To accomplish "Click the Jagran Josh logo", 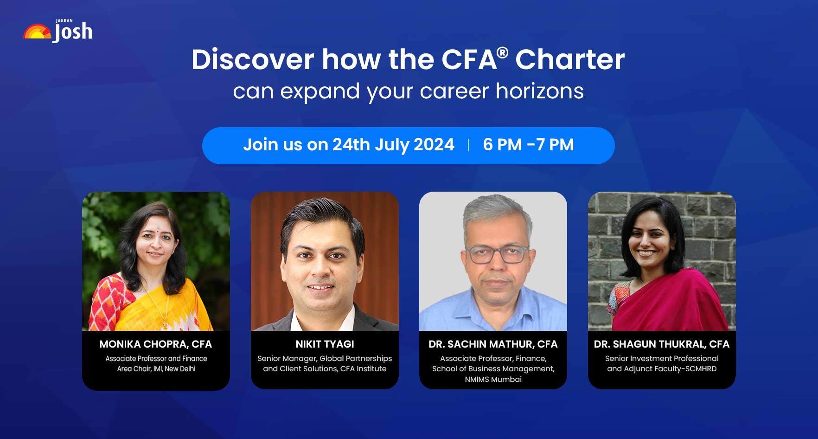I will click(58, 32).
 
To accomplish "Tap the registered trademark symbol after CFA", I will click(502, 52).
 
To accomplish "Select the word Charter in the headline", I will click(570, 59).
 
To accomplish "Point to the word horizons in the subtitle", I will click(539, 91).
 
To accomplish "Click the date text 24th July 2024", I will click(393, 145).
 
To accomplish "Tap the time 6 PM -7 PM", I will click(528, 145).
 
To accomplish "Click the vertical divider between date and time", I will click(469, 145).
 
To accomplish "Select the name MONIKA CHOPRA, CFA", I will click(155, 344).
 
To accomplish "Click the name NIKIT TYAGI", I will click(325, 344).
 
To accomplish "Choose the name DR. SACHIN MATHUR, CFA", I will click(493, 344).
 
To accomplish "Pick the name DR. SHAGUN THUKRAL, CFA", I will click(661, 344).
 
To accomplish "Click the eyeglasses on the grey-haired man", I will click(497, 254).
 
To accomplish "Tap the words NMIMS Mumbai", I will click(493, 379).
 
